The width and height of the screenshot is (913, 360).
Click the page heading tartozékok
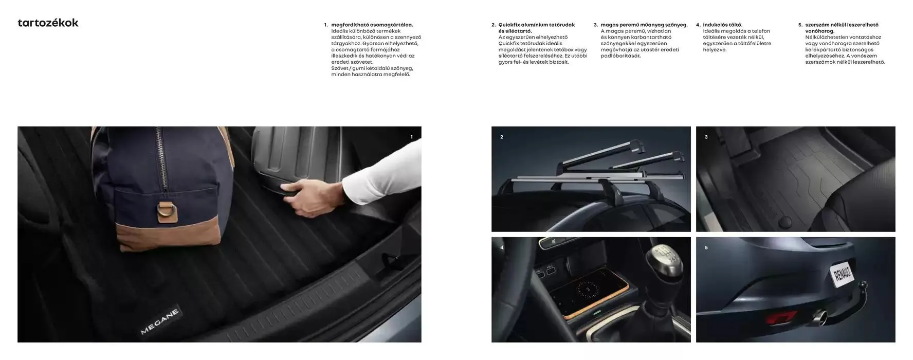click(x=48, y=23)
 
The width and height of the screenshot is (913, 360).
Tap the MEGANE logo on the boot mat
click(x=160, y=321)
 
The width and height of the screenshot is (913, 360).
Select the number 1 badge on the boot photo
click(x=411, y=137)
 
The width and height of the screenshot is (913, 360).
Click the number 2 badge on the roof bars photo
click(x=502, y=137)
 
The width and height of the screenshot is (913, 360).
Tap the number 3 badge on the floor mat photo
click(x=706, y=137)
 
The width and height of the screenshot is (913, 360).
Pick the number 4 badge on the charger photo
click(x=502, y=247)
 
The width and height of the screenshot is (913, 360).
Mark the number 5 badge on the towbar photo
click(x=706, y=247)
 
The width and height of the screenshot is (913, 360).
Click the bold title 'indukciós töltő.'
click(x=723, y=25)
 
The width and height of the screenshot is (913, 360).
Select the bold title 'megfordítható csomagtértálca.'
click(x=372, y=25)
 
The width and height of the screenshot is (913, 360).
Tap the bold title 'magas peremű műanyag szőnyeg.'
click(x=644, y=25)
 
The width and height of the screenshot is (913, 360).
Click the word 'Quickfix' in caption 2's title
click(x=509, y=25)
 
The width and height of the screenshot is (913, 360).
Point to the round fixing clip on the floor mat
click(x=786, y=222)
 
